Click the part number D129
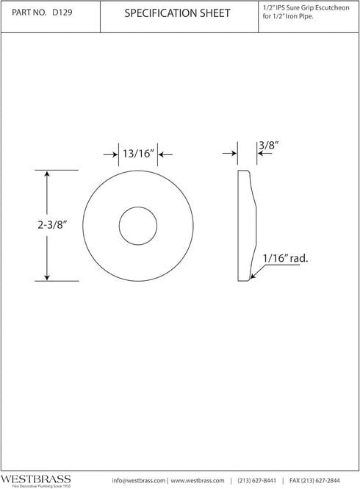(62, 13)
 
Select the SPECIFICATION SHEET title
(177, 13)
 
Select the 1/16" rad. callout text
(286, 258)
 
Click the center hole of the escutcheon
(137, 226)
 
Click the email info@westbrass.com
(139, 480)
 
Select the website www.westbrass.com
(198, 480)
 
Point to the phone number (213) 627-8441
(260, 480)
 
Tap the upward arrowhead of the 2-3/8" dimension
(47, 174)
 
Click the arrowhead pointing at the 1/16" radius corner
(252, 277)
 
